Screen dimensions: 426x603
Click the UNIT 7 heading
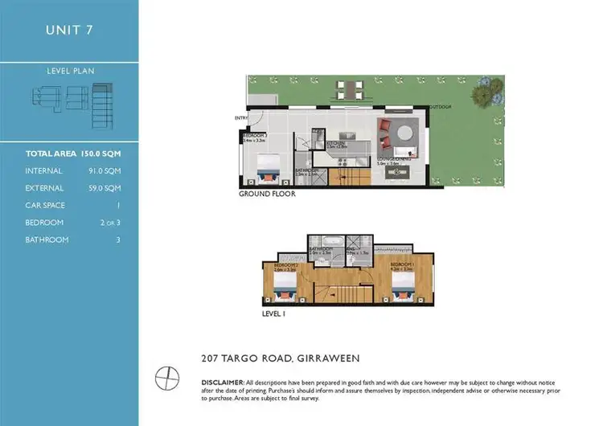point(69,31)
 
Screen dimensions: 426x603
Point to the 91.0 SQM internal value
point(105,170)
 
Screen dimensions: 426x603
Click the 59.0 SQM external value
point(105,188)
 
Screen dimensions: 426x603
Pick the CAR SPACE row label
point(46,205)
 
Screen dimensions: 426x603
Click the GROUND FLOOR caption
point(267,195)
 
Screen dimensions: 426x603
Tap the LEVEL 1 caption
point(274,314)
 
